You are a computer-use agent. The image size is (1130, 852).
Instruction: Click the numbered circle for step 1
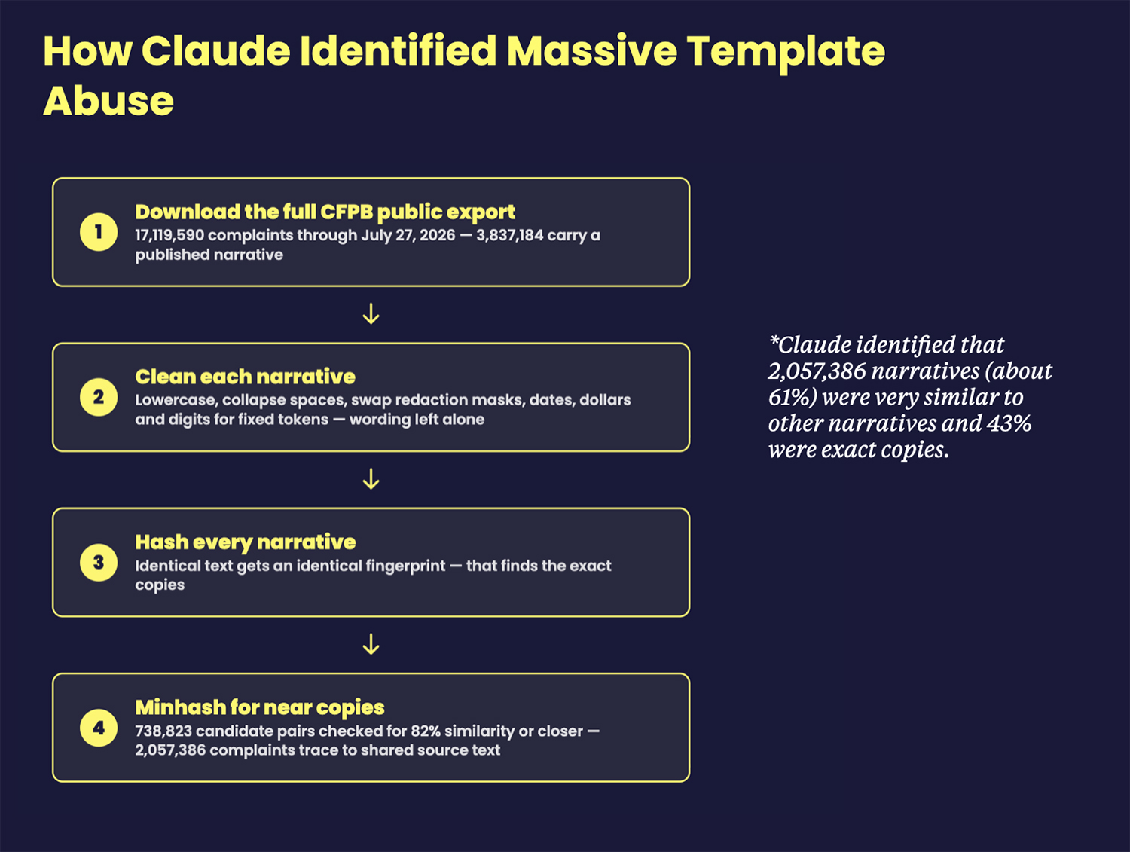tap(99, 232)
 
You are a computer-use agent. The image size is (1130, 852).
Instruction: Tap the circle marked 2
tap(99, 398)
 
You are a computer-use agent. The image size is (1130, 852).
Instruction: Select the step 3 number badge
tap(99, 563)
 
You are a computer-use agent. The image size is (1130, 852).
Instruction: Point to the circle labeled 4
tap(99, 728)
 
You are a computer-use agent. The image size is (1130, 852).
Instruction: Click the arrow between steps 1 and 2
tap(371, 313)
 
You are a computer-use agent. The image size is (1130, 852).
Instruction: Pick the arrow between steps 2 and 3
tap(371, 479)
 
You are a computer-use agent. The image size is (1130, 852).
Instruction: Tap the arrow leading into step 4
tap(371, 644)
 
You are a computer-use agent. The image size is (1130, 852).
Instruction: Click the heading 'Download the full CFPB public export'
tap(325, 212)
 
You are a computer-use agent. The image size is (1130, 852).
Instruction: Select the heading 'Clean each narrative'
tap(245, 377)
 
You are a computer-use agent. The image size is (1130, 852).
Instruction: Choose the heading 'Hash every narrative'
tap(246, 542)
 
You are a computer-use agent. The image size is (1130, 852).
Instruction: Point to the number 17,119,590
tap(170, 236)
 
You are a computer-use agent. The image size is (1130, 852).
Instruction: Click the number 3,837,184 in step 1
tap(510, 236)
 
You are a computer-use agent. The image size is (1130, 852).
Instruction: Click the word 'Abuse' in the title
tap(108, 101)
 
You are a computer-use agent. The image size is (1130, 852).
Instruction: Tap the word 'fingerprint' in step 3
tap(405, 566)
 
